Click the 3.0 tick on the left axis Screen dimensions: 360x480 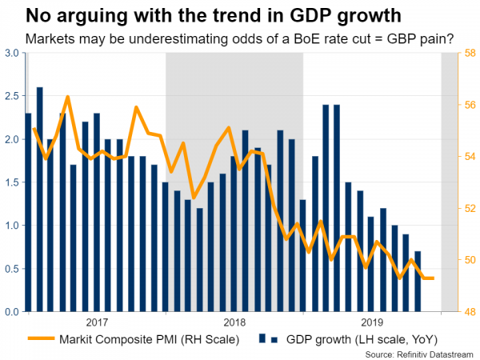[12, 53]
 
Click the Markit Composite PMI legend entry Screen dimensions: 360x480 [148, 339]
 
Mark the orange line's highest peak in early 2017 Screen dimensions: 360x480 [68, 97]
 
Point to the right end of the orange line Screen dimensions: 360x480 [434, 278]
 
